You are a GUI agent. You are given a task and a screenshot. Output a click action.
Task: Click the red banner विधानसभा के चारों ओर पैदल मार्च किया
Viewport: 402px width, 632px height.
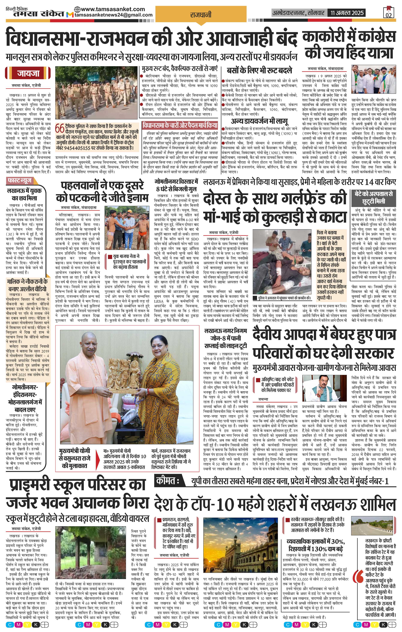tap(180, 125)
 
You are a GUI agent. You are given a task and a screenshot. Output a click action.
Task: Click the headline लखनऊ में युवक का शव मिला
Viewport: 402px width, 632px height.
tap(25, 194)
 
